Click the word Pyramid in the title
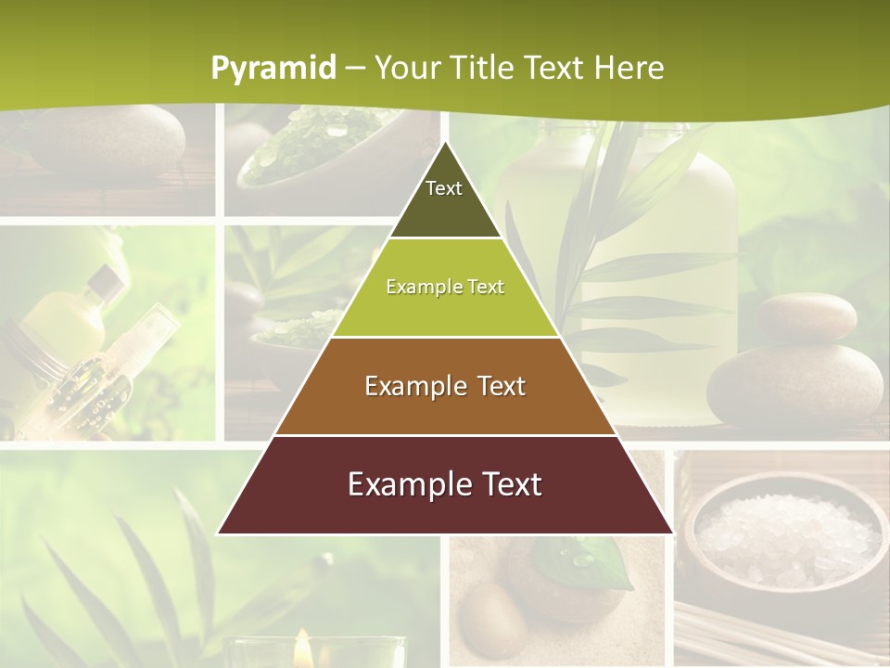[273, 68]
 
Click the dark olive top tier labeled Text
[444, 199]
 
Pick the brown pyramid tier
[445, 386]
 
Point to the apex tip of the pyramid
[445, 143]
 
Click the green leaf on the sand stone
[593, 562]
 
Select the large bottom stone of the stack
[795, 385]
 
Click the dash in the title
[355, 68]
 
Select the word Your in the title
[406, 68]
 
